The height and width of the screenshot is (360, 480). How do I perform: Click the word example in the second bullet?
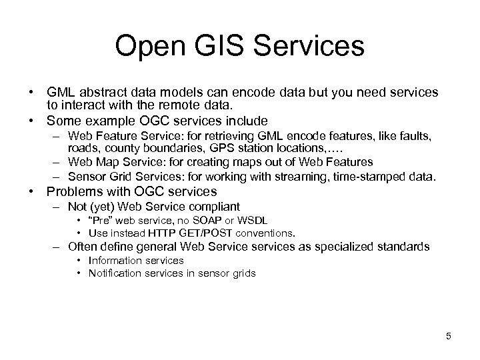click(111, 121)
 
